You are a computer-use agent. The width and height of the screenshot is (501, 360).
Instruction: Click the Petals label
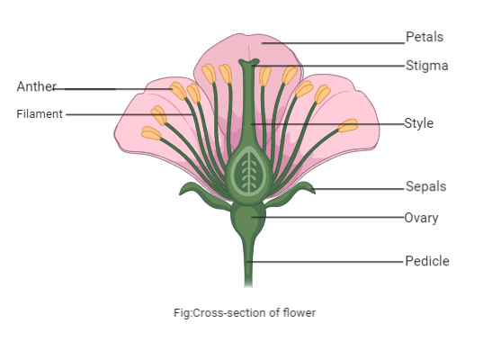[425, 37]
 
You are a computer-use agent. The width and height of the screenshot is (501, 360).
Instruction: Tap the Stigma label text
[425, 66]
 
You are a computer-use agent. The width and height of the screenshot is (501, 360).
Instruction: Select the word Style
[418, 123]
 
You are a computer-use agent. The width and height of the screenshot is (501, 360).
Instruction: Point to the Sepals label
[425, 187]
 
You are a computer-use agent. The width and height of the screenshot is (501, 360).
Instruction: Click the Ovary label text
[422, 217]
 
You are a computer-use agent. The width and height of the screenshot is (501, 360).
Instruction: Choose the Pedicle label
[426, 261]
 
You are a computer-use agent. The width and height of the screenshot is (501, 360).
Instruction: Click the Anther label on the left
[36, 86]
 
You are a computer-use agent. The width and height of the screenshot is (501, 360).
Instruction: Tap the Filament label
[40, 114]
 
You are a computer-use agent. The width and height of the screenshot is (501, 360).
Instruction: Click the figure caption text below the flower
[245, 313]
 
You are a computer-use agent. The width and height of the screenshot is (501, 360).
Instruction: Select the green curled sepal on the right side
[303, 190]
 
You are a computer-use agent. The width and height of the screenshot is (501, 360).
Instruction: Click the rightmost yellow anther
[347, 125]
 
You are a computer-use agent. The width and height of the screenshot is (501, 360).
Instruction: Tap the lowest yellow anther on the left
[150, 133]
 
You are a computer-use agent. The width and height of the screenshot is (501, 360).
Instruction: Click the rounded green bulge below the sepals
[249, 219]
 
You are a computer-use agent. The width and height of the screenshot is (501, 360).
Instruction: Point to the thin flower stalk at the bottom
[249, 270]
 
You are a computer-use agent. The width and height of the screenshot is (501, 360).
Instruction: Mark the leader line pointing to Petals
[333, 40]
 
